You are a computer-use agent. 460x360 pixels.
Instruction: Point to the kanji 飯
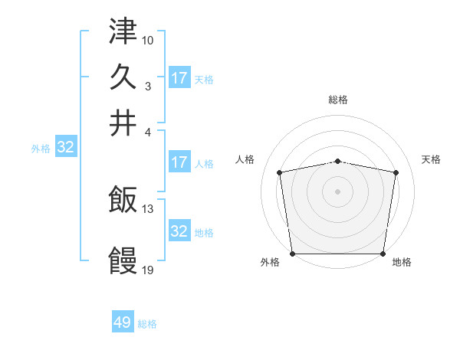click(x=123, y=201)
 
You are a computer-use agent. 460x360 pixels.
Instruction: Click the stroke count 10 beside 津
click(x=148, y=39)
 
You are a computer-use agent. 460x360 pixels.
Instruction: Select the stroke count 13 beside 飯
click(x=148, y=208)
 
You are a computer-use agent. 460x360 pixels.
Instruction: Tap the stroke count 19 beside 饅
click(x=148, y=270)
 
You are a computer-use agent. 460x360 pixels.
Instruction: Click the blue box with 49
click(x=123, y=322)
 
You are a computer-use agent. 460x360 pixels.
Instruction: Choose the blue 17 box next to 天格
click(x=179, y=78)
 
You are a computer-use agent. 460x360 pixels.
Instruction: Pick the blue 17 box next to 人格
click(x=179, y=162)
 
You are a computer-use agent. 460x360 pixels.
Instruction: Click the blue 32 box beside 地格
click(x=179, y=231)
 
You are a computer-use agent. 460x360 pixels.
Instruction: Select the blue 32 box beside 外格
click(x=65, y=148)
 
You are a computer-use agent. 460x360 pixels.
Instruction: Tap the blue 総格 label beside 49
click(x=147, y=324)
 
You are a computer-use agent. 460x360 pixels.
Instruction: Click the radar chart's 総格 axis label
click(x=338, y=100)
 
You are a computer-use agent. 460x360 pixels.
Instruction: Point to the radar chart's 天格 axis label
click(x=431, y=159)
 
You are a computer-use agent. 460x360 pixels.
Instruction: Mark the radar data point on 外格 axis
click(x=292, y=254)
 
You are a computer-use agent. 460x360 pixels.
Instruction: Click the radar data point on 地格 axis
click(x=383, y=254)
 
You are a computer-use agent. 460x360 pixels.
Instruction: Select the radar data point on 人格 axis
click(x=280, y=172)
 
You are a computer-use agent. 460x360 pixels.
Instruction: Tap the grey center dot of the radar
click(x=338, y=191)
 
